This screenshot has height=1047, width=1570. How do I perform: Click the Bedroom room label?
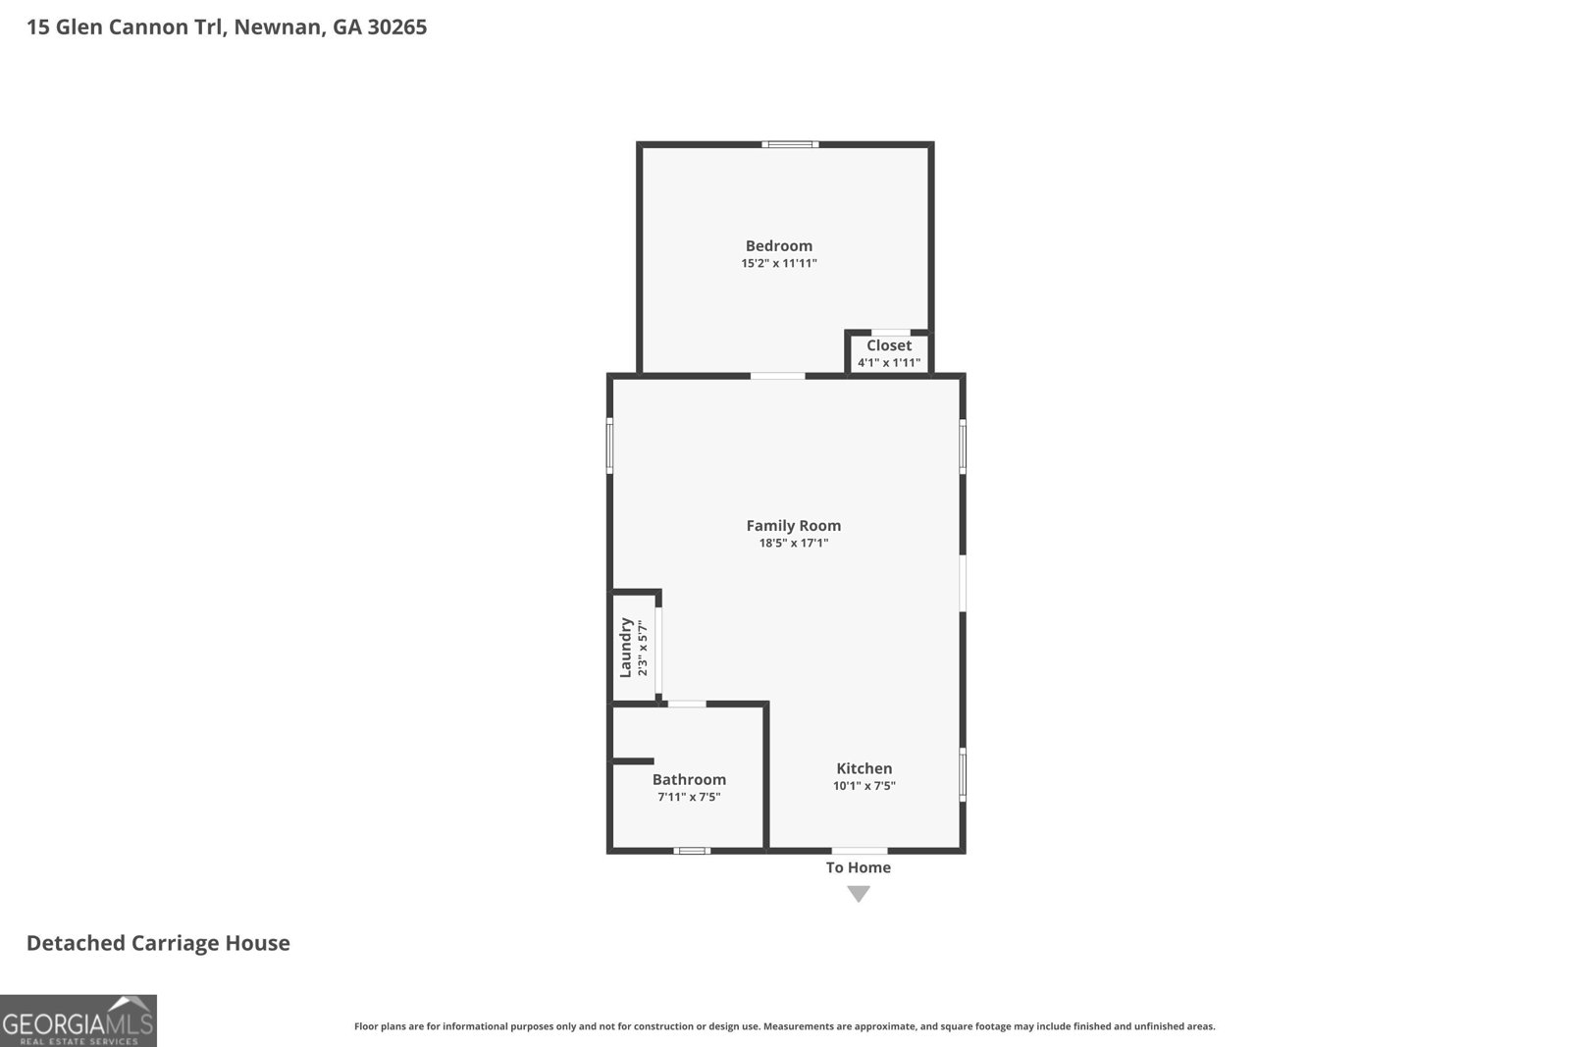(779, 246)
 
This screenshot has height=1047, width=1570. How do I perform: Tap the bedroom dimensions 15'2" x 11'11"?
(779, 264)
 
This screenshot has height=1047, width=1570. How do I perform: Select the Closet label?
(889, 345)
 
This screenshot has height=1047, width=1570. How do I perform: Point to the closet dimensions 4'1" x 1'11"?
(889, 363)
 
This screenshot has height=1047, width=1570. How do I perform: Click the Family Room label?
(794, 526)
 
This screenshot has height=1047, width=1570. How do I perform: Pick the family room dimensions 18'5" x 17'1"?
(794, 543)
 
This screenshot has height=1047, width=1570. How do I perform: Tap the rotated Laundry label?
(625, 648)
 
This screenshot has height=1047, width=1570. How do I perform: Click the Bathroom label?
(689, 780)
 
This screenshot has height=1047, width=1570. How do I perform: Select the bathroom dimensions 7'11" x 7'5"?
(689, 797)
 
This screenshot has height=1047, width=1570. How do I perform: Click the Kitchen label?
(864, 768)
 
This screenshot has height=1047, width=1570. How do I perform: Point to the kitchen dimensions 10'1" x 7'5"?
(864, 786)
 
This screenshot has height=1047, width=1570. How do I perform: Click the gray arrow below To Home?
(859, 893)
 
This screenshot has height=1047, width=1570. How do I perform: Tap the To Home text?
(859, 867)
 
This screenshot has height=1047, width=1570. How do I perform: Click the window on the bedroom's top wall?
(791, 145)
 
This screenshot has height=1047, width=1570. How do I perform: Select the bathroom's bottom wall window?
(692, 851)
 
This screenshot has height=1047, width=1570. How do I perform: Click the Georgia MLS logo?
(78, 1021)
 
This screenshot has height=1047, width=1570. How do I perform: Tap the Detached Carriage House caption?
(158, 943)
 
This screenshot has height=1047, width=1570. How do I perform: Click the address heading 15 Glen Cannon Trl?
(227, 27)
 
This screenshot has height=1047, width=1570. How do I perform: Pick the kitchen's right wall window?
(963, 774)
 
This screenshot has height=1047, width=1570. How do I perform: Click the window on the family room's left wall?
(609, 446)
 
